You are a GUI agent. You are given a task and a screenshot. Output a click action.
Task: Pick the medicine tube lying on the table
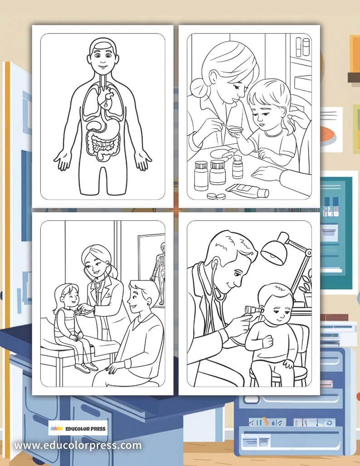247,191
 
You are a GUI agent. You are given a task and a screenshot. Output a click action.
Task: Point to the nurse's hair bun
199,88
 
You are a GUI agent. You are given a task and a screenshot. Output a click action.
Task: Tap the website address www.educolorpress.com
78,445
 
